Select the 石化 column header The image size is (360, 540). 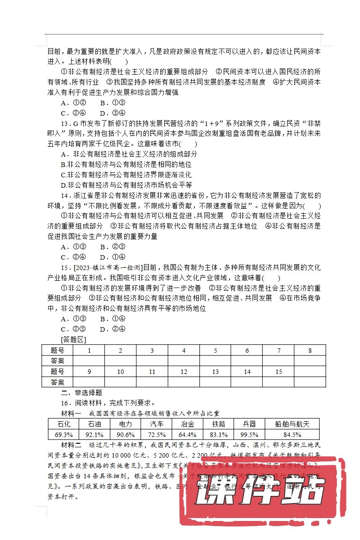click(63, 424)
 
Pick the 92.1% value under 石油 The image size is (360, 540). click(94, 435)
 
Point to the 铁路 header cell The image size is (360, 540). click(218, 424)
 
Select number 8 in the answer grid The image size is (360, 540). click(310, 351)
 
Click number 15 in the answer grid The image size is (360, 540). click(279, 372)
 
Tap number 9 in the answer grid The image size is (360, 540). click(89, 372)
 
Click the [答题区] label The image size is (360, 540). click(73, 339)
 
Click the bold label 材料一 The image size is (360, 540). click(71, 413)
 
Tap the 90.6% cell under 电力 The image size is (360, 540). click(125, 435)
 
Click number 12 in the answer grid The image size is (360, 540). click(184, 372)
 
